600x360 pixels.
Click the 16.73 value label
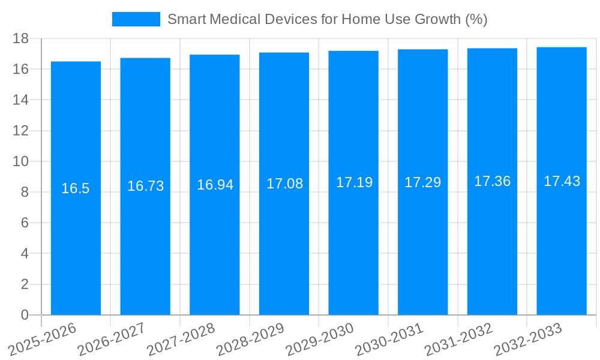click(145, 186)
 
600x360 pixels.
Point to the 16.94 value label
click(215, 185)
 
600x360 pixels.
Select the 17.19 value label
click(354, 182)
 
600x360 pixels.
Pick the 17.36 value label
click(492, 181)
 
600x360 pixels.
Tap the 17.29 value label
click(422, 182)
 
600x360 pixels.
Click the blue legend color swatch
click(136, 19)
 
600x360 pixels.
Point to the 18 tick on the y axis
click(20, 38)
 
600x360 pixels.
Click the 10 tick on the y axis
click(20, 161)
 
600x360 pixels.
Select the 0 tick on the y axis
click(25, 315)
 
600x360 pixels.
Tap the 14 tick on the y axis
click(20, 100)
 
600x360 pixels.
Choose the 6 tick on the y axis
click(25, 223)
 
